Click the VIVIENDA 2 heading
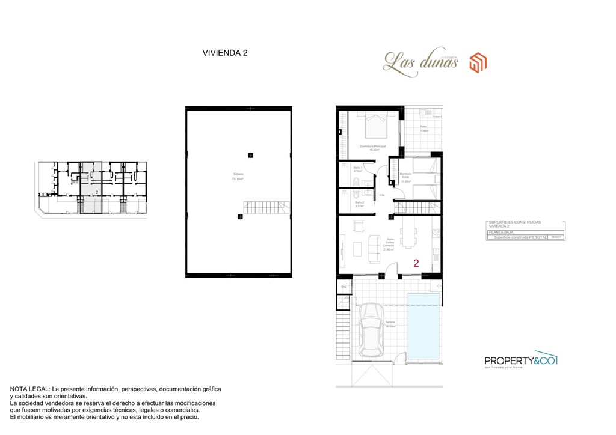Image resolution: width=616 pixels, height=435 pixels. pyautogui.click(x=225, y=53)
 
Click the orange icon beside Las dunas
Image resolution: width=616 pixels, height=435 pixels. pyautogui.click(x=478, y=62)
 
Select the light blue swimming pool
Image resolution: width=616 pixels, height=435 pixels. pyautogui.click(x=423, y=324)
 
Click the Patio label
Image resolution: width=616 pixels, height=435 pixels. pyautogui.click(x=423, y=127)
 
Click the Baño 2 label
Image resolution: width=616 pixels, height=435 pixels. pyautogui.click(x=359, y=204)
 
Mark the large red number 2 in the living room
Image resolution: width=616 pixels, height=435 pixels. pyautogui.click(x=416, y=263)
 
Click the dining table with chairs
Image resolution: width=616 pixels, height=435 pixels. pyautogui.click(x=410, y=234)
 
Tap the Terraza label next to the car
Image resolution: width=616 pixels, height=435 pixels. pyautogui.click(x=390, y=324)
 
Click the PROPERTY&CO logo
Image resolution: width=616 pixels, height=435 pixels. pyautogui.click(x=520, y=360)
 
